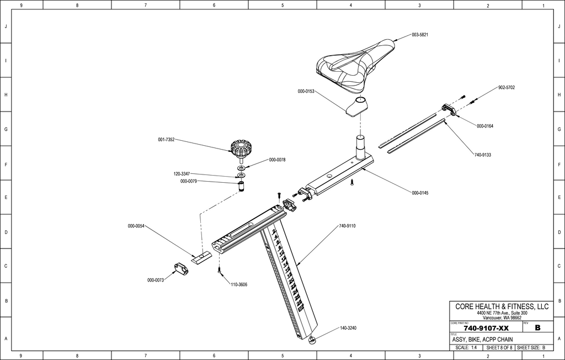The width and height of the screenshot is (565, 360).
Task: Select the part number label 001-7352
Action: pyautogui.click(x=166, y=140)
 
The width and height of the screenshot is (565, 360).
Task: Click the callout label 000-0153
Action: pyautogui.click(x=306, y=91)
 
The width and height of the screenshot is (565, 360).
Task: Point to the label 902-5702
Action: pyautogui.click(x=507, y=88)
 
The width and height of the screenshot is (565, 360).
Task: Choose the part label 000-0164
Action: pyautogui.click(x=485, y=126)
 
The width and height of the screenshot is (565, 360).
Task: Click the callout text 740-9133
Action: pyautogui.click(x=482, y=155)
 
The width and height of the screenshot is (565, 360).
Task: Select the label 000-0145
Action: pyautogui.click(x=420, y=193)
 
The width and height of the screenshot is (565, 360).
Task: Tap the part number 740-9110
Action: pyautogui.click(x=347, y=226)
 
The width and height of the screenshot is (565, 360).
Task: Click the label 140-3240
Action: pyautogui.click(x=348, y=328)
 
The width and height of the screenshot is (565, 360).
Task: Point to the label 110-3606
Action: pyautogui.click(x=238, y=284)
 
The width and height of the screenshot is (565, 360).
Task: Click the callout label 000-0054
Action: pyautogui.click(x=136, y=226)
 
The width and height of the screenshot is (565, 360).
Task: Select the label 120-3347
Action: pyautogui.click(x=182, y=173)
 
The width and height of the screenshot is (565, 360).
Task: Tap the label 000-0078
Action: pyautogui.click(x=277, y=160)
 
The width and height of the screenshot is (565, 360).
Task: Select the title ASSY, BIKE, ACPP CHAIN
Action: pyautogui.click(x=482, y=340)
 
